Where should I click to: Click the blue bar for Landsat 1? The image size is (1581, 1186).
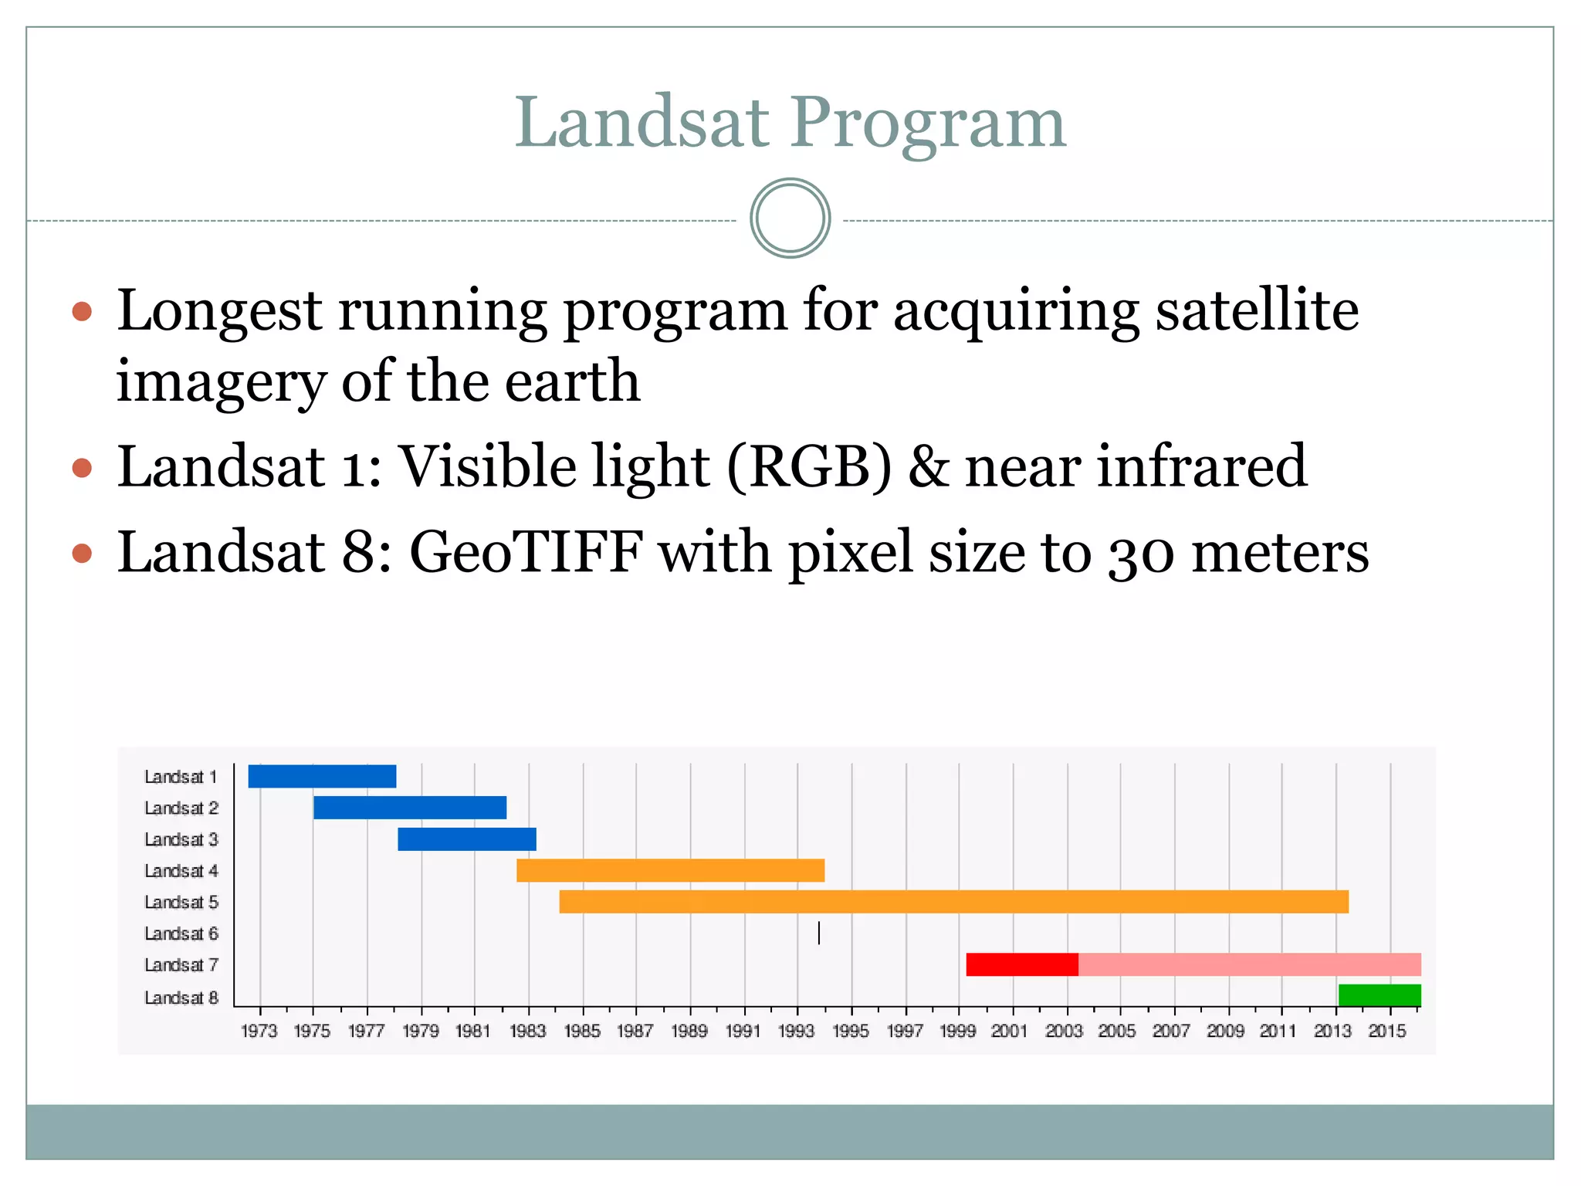coord(322,776)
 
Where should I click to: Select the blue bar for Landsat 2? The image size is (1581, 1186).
coord(410,808)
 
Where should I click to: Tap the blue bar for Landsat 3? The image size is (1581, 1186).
coord(467,839)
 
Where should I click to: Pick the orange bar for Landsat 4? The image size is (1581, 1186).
coord(670,870)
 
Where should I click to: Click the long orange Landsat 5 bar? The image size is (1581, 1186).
coord(953,902)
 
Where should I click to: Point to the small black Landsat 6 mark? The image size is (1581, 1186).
coord(818,934)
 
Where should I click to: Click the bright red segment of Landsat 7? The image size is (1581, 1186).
coord(1022,964)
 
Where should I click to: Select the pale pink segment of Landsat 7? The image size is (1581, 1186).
coord(1249,964)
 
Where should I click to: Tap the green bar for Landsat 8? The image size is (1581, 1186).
coord(1380,995)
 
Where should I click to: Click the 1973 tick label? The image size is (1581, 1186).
coord(259,1031)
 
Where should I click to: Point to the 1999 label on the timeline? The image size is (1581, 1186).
coord(958,1031)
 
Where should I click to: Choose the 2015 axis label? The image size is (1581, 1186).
coord(1387,1031)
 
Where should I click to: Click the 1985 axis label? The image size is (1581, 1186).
coord(582,1031)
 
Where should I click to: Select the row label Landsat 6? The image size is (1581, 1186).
coord(181,934)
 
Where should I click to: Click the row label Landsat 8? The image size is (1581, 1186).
coord(181,998)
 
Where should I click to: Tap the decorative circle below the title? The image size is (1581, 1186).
coord(790,219)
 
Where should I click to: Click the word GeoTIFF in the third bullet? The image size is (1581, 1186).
coord(526,552)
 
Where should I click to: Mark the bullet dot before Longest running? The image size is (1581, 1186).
coord(82,312)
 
